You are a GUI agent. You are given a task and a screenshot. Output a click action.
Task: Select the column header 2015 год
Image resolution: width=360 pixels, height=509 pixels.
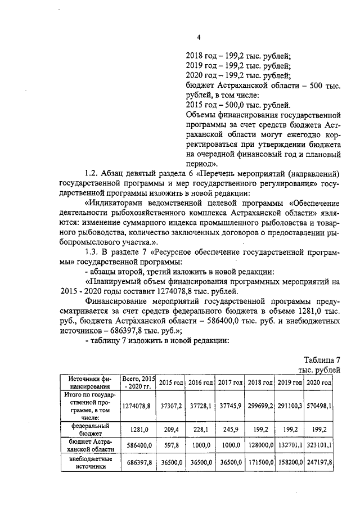pos(171,382)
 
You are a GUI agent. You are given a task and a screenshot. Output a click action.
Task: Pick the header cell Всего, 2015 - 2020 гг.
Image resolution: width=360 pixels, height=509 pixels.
pos(139,382)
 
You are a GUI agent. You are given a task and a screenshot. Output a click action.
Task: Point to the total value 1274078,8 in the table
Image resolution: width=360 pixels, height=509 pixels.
pos(136,405)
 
